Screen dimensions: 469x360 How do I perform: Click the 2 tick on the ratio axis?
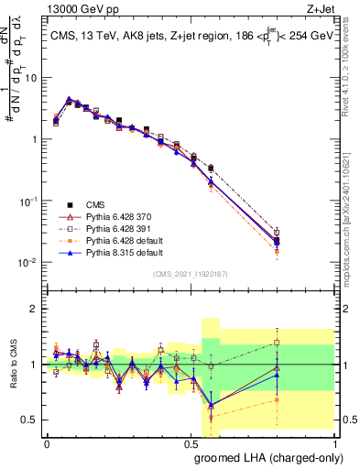coord(34,309)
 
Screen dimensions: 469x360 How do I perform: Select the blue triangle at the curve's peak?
coord(69,99)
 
